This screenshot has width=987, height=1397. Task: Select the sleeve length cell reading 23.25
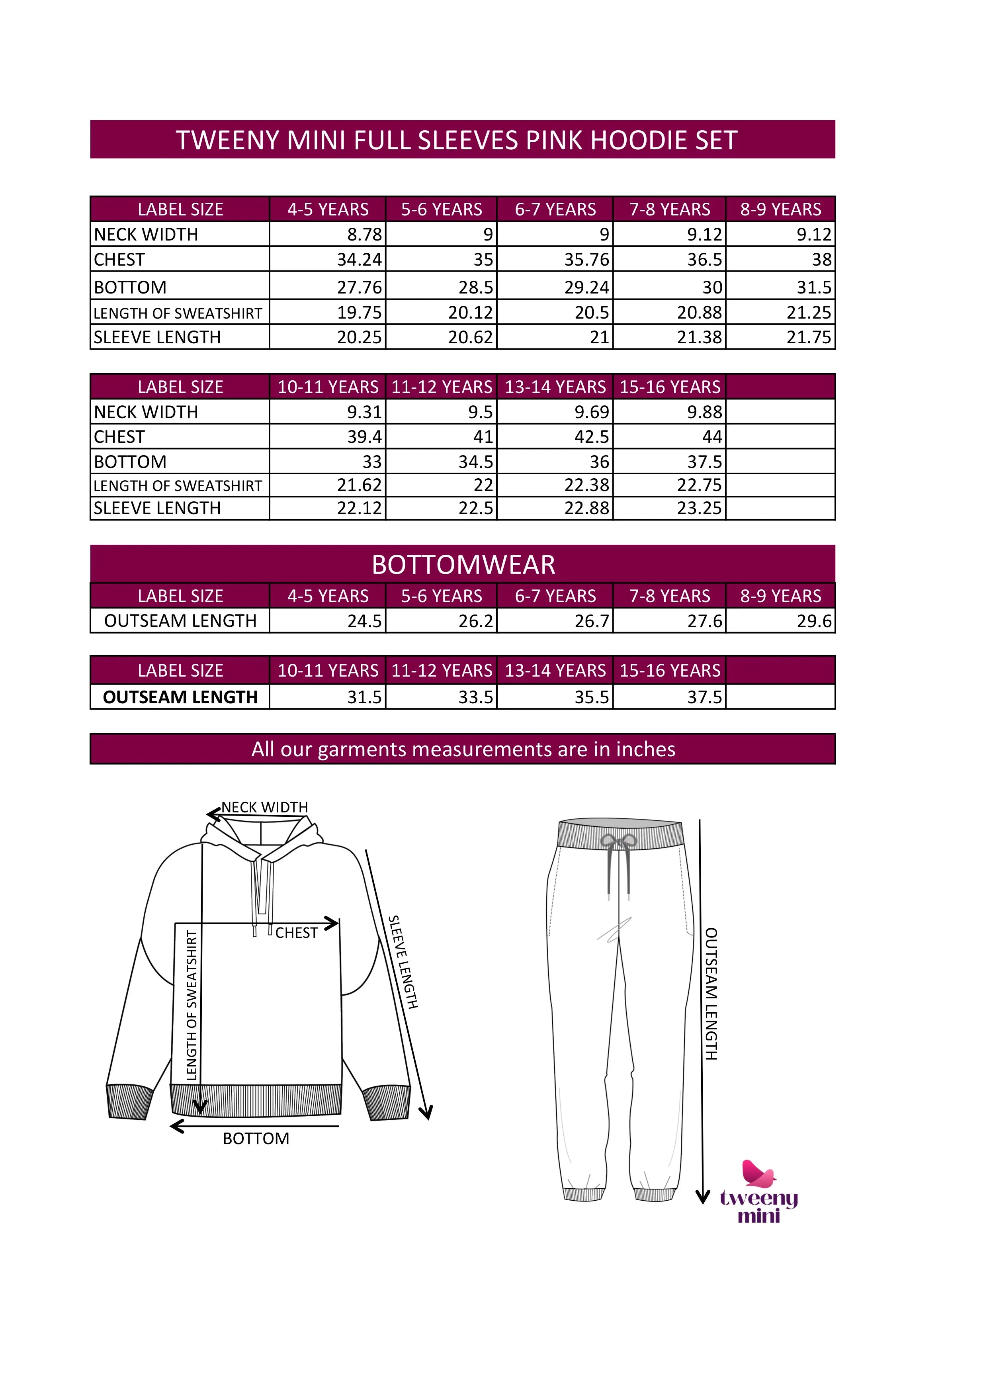click(700, 508)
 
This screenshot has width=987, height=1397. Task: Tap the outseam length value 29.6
click(814, 621)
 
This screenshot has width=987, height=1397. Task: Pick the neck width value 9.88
click(704, 412)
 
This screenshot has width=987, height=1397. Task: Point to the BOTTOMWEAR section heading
click(463, 565)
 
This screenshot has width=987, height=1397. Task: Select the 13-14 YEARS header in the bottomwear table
click(555, 671)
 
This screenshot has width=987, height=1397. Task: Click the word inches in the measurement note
click(645, 749)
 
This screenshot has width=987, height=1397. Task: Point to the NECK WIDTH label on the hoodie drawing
click(264, 807)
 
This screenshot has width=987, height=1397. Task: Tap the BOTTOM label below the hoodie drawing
click(256, 1139)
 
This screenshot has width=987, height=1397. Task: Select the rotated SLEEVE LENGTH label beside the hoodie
click(403, 962)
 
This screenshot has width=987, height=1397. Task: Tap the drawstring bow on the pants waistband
click(618, 841)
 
